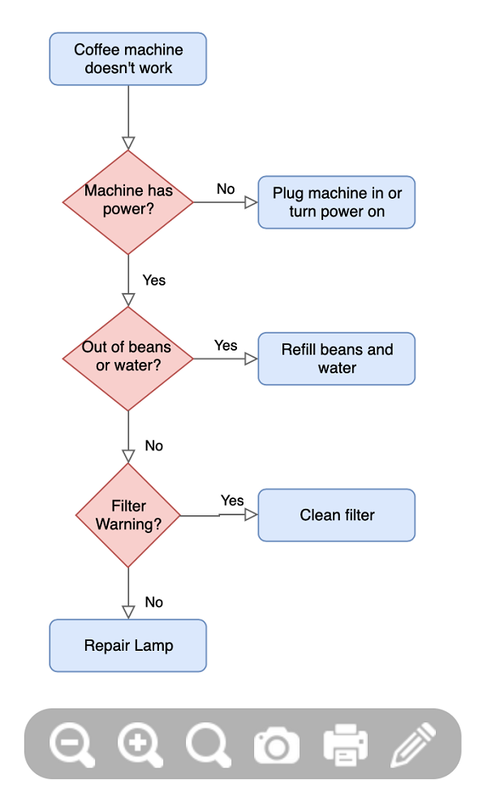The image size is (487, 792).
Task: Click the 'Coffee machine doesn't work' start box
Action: [x=127, y=59]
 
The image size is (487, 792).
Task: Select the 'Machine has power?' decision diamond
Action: [x=127, y=202]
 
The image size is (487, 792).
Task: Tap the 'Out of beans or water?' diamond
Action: [x=127, y=359]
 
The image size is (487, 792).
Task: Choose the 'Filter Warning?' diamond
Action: [x=127, y=515]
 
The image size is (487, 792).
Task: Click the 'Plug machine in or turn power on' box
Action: [x=337, y=202]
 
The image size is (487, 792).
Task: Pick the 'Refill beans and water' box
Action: [x=337, y=359]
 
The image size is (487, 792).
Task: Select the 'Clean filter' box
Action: [x=337, y=515]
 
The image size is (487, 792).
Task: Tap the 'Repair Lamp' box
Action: [x=127, y=645]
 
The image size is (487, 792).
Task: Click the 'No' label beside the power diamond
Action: [x=226, y=189]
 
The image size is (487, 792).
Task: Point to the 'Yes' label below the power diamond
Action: [x=154, y=280]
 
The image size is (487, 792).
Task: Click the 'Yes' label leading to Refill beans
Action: [x=226, y=346]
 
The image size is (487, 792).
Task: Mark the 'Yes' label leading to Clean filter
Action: [x=232, y=501]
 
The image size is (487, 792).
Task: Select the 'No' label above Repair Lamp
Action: [x=154, y=602]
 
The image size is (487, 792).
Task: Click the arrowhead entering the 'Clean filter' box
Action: [x=251, y=514]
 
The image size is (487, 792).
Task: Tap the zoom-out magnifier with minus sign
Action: [x=71, y=744]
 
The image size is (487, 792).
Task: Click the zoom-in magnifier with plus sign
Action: [x=140, y=744]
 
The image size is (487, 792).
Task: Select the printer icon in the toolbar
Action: [x=346, y=744]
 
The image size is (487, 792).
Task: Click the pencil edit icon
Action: [x=414, y=744]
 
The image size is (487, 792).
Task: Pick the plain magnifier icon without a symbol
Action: [x=208, y=744]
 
